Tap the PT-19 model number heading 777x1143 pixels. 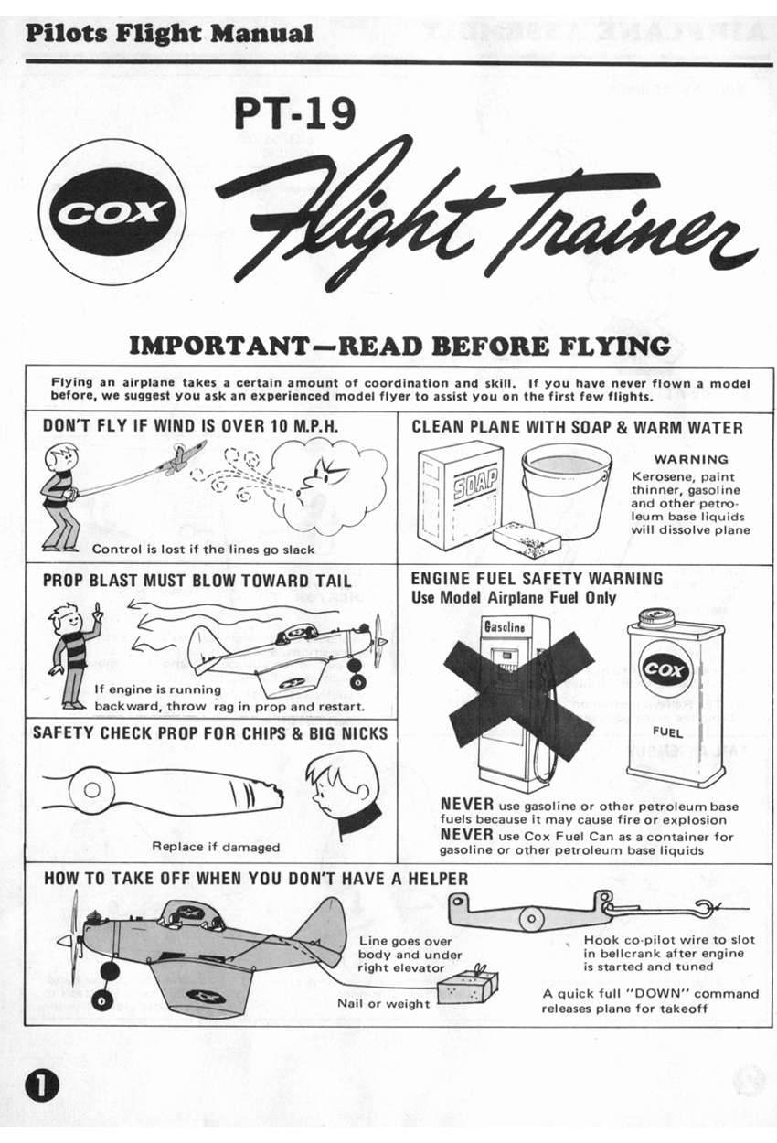(x=294, y=112)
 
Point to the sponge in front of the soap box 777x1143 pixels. (x=527, y=539)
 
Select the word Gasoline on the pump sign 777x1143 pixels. (x=505, y=626)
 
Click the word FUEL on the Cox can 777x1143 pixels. (x=667, y=732)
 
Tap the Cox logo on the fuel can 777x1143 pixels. (x=665, y=669)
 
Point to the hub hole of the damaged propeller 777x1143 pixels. (x=91, y=790)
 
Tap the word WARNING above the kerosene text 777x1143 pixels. (x=691, y=459)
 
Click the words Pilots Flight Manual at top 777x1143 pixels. (x=169, y=34)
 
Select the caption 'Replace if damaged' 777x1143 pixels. (x=216, y=847)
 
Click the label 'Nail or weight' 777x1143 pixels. (x=384, y=1004)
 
